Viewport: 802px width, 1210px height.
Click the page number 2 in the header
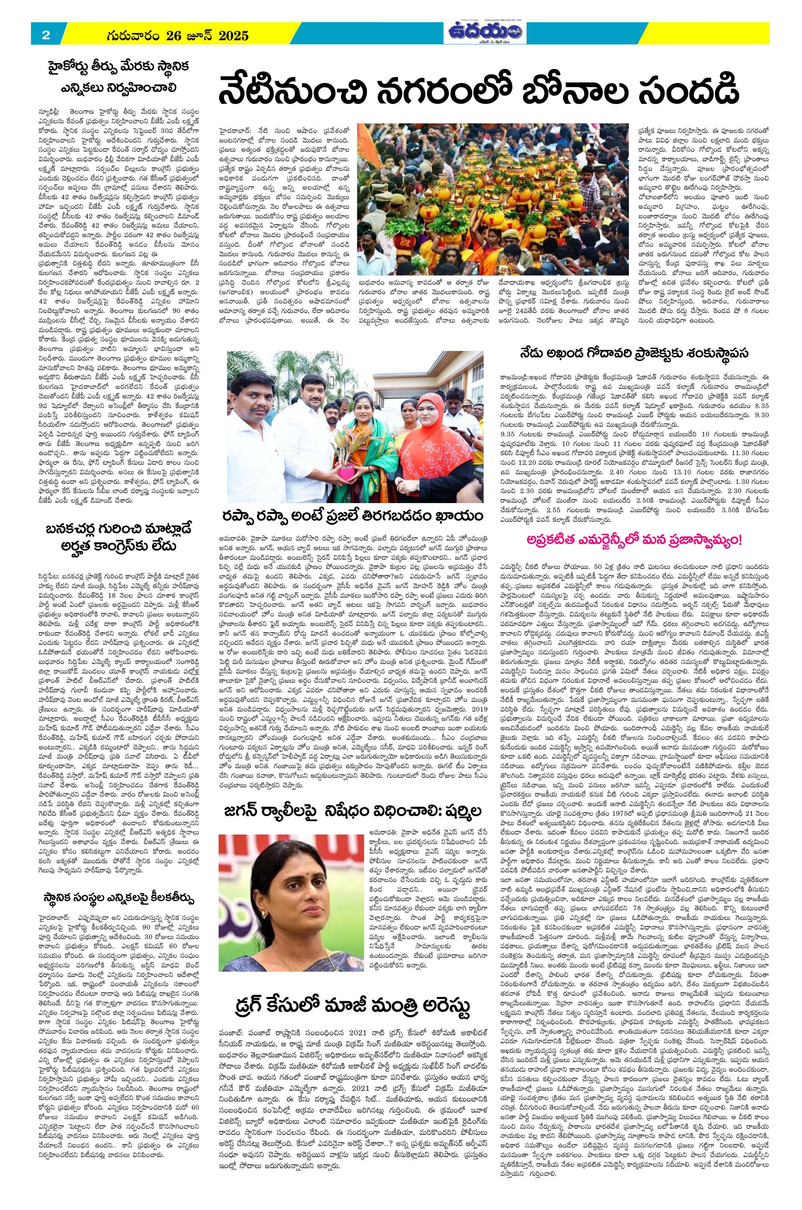[x=46, y=35]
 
